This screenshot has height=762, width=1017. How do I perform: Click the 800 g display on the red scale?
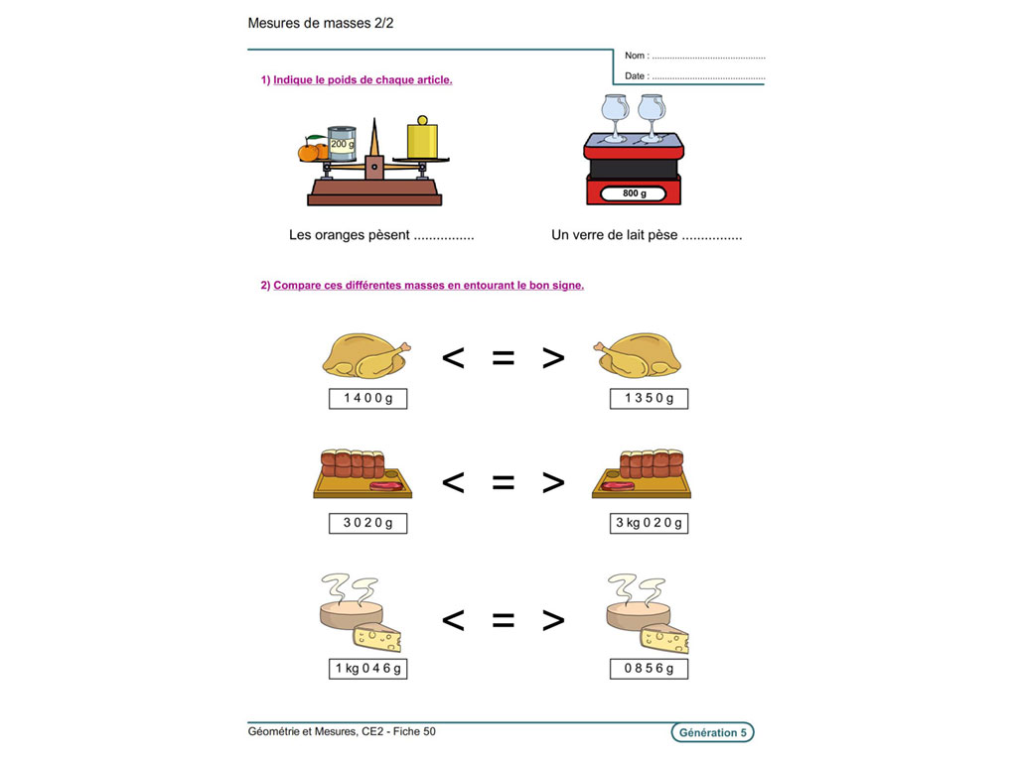click(634, 193)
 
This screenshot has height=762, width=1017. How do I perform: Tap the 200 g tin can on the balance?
click(342, 143)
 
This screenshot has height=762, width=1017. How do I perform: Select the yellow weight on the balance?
click(422, 139)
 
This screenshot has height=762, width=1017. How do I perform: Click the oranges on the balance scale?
click(312, 151)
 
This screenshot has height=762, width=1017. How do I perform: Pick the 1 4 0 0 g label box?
click(367, 399)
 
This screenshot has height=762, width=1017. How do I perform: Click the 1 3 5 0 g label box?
click(650, 399)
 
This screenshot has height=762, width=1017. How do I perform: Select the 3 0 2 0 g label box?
click(367, 523)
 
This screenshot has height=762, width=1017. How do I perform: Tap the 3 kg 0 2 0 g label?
click(650, 523)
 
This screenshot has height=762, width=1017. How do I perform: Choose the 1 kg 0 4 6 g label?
click(367, 669)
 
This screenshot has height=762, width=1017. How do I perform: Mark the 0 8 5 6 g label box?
click(650, 669)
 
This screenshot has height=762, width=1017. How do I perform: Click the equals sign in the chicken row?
click(504, 358)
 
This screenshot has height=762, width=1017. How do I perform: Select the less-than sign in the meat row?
click(453, 483)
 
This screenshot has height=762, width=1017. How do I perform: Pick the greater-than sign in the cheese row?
click(553, 621)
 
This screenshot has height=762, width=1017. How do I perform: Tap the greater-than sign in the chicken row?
click(553, 358)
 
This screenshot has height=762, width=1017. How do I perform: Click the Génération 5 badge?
click(711, 733)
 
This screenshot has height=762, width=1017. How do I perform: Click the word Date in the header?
click(636, 76)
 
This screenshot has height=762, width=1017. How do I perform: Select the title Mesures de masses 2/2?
click(321, 22)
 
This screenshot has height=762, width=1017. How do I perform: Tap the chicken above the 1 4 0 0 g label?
click(365, 355)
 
